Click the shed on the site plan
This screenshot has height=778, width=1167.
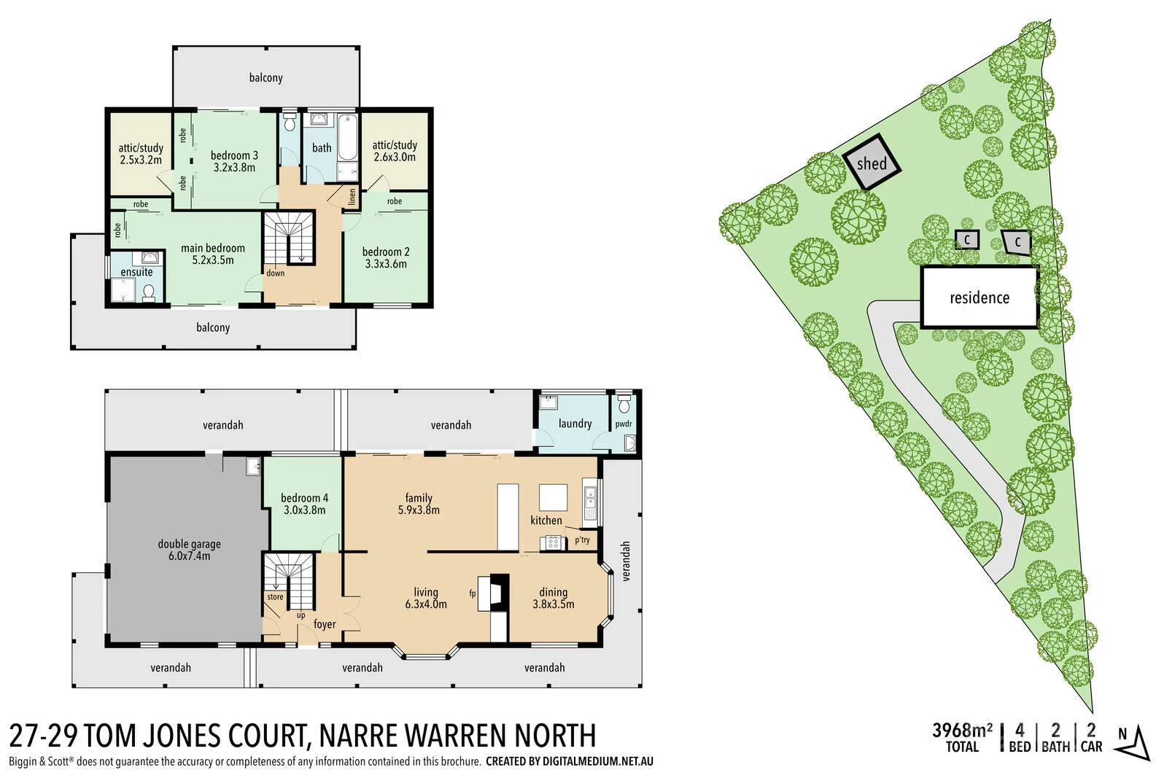pos(872,163)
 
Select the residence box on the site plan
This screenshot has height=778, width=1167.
pos(979,297)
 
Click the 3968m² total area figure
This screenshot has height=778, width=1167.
pos(962,729)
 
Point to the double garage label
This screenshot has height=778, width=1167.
pos(189,544)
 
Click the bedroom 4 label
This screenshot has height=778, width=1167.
pos(304,498)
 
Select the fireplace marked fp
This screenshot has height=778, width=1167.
pos(498,592)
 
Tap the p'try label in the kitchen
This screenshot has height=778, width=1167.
pos(582,540)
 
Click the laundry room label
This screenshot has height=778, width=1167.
pos(575,424)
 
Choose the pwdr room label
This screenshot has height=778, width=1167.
pos(624,424)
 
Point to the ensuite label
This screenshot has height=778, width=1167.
pos(136,272)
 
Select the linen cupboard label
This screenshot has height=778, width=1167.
pos(352,197)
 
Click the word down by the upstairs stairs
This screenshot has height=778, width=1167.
pos(275,273)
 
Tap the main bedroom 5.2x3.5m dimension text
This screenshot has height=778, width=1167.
pos(213,260)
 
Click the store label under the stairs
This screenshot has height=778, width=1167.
pos(275,597)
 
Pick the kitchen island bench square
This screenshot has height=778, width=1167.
pos(553,498)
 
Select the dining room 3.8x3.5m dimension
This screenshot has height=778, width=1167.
pos(553,604)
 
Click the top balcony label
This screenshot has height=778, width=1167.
pos(265,77)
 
